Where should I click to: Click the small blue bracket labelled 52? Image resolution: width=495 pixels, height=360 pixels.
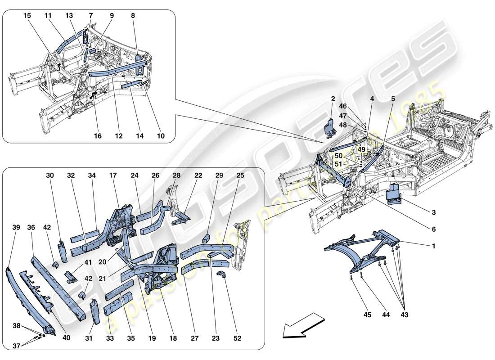click(x=222, y=276)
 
